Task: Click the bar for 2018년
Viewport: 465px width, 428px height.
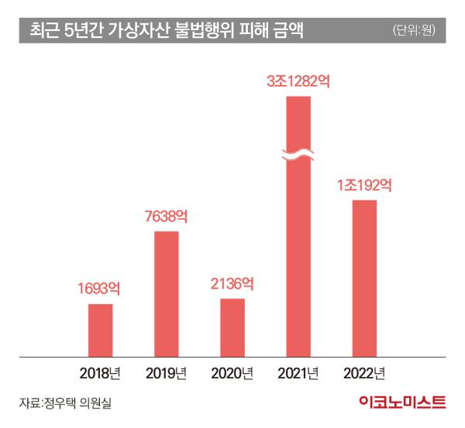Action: (100, 330)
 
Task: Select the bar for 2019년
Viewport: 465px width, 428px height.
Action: (166, 293)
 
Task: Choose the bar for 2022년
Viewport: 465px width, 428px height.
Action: (364, 278)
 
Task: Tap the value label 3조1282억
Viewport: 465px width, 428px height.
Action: (298, 80)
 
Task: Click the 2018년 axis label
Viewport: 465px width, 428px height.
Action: (99, 374)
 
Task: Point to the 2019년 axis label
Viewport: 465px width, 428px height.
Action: (166, 374)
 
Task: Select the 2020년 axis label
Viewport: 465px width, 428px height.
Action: (232, 374)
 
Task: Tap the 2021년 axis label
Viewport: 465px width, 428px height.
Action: (298, 374)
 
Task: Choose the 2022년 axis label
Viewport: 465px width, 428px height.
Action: (364, 374)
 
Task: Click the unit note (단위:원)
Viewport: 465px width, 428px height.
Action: (414, 31)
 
